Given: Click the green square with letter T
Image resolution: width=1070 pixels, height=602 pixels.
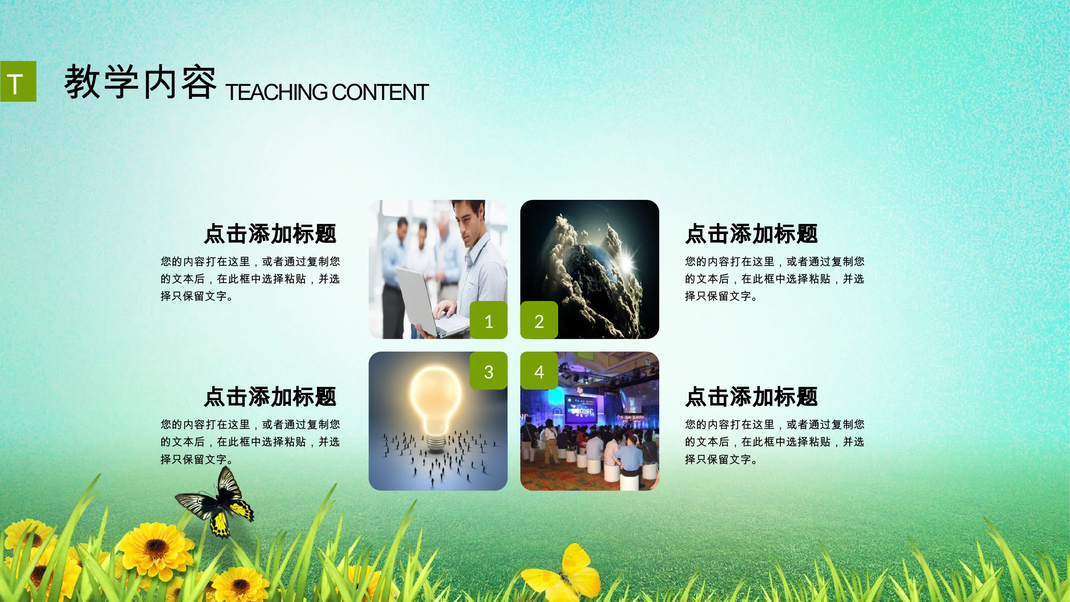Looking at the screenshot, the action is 18,81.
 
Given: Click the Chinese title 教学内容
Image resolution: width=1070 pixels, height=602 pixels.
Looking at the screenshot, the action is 140,82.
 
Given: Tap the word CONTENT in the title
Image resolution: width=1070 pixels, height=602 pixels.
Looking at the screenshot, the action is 380,92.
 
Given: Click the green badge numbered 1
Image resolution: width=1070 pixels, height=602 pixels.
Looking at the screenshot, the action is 489,320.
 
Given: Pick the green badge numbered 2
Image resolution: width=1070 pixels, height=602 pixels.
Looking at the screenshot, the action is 539,320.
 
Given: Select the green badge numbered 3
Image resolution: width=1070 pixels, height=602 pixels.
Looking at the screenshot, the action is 489,370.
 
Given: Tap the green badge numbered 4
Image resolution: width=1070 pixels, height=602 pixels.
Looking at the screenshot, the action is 539,370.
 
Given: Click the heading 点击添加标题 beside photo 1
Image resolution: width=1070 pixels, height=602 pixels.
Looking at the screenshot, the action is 270,234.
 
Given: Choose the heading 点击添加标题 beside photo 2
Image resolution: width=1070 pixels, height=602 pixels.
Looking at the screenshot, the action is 751,234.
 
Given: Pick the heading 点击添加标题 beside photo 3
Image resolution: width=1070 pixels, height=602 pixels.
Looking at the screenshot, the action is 270,397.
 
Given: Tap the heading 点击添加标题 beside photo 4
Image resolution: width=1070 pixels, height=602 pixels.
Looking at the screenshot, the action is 751,397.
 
